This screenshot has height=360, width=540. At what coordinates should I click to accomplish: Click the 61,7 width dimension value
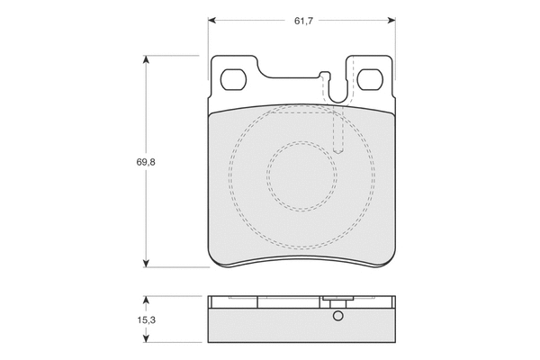pyautogui.click(x=303, y=21)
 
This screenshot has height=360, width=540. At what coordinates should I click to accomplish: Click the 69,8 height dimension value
pyautogui.click(x=146, y=162)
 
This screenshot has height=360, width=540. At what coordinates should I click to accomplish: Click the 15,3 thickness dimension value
pyautogui.click(x=147, y=320)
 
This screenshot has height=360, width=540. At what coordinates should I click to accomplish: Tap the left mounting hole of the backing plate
pyautogui.click(x=233, y=79)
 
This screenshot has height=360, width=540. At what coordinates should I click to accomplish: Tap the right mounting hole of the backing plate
pyautogui.click(x=370, y=79)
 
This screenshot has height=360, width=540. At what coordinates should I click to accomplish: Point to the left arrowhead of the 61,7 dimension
pyautogui.click(x=211, y=21)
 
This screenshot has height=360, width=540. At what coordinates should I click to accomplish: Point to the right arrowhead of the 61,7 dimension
pyautogui.click(x=391, y=21)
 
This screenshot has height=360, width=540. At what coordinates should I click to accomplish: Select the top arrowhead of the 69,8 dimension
pyautogui.click(x=147, y=59)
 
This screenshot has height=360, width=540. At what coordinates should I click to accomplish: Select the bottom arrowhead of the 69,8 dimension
pyautogui.click(x=147, y=263)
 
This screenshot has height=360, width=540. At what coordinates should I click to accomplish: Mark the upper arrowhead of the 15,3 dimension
pyautogui.click(x=147, y=300)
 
